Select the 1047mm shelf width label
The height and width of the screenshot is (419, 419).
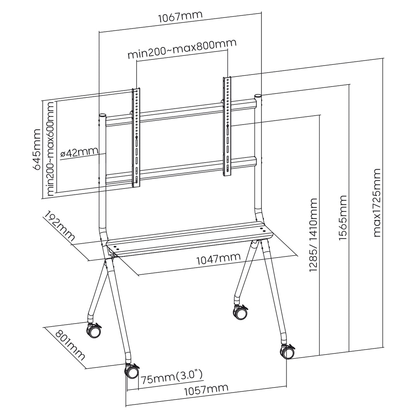(x=218, y=258)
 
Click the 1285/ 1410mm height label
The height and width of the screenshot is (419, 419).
(x=313, y=234)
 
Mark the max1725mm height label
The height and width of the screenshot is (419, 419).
(x=377, y=202)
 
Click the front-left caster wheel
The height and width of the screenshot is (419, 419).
(x=132, y=372)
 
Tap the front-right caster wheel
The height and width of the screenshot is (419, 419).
(x=287, y=351)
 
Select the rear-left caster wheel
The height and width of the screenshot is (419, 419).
(x=94, y=332)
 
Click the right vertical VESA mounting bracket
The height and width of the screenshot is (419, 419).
(x=227, y=126)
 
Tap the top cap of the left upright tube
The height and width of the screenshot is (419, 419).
(x=102, y=116)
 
